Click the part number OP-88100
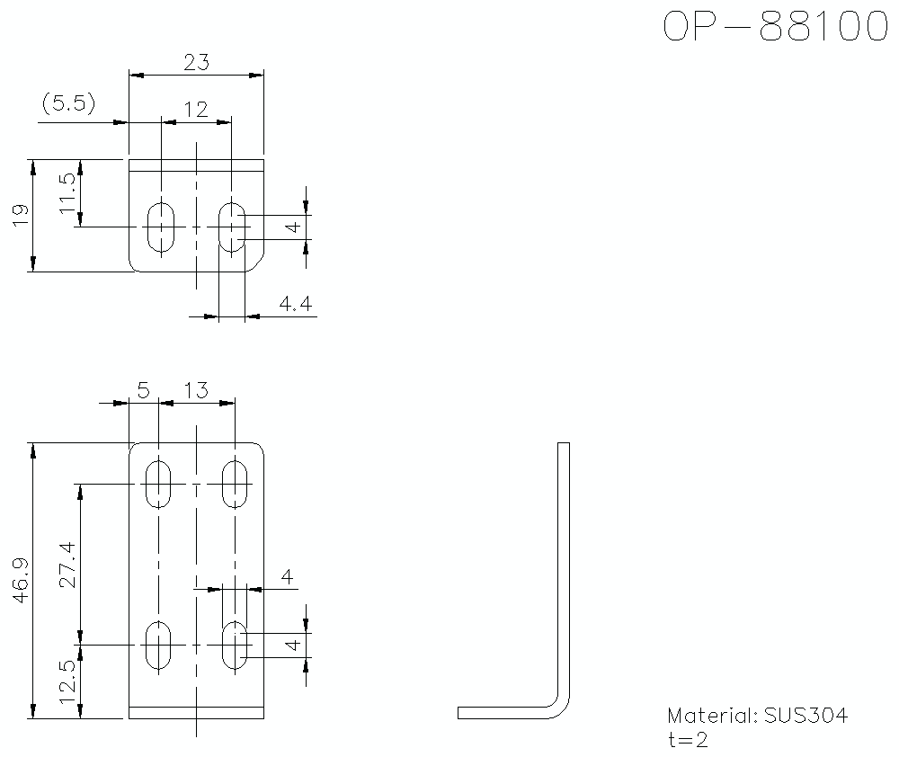pyautogui.click(x=775, y=27)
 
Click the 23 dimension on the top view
pyautogui.click(x=196, y=62)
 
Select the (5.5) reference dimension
pyautogui.click(x=68, y=103)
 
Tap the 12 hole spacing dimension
pyautogui.click(x=195, y=110)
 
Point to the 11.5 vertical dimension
pyautogui.click(x=67, y=193)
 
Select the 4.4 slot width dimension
pyautogui.click(x=295, y=305)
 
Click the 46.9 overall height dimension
pyautogui.click(x=21, y=580)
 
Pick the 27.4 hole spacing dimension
pyautogui.click(x=67, y=565)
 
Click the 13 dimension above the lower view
pyautogui.click(x=195, y=390)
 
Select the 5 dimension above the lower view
pyautogui.click(x=143, y=390)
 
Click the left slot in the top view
pyautogui.click(x=161, y=227)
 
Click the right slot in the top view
pyautogui.click(x=233, y=227)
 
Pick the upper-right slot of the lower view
pyautogui.click(x=236, y=485)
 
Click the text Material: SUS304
pyautogui.click(x=757, y=717)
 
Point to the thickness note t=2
pyautogui.click(x=688, y=740)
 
